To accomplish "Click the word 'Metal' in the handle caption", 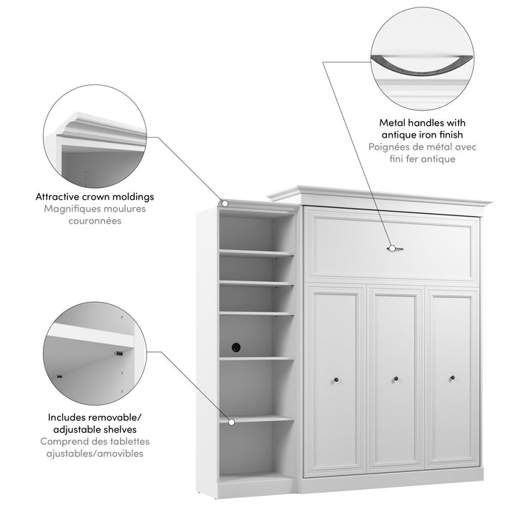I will click(396, 123).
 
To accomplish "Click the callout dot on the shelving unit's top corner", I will click(225, 202).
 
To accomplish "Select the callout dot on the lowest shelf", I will click(232, 422).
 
